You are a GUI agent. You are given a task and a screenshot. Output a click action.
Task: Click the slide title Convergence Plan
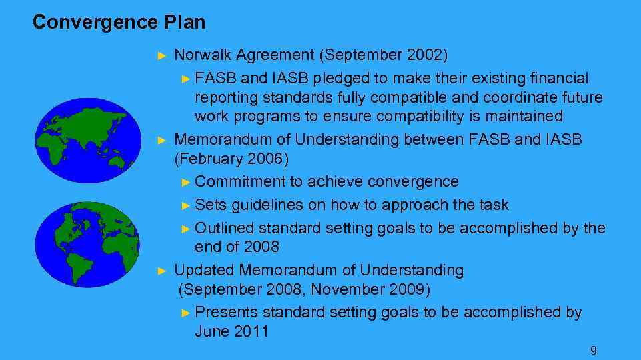[x=119, y=23]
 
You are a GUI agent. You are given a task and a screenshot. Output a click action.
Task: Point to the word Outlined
[x=225, y=228]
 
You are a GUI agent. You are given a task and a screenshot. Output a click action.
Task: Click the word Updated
[x=203, y=270]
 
